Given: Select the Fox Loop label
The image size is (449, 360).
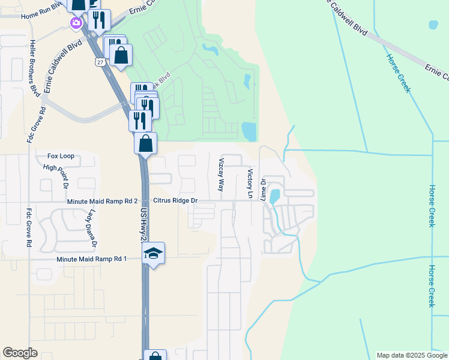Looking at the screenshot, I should click(61, 156).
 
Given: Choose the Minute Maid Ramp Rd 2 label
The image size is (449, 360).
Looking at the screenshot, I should click(103, 201).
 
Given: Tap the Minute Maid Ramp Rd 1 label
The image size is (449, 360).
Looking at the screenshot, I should click(92, 259).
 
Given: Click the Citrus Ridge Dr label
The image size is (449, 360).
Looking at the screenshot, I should click(175, 200).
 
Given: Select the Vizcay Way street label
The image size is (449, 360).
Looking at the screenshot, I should click(221, 175).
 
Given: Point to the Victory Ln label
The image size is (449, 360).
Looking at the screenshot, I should click(250, 183).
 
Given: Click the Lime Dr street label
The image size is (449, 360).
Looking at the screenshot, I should click(263, 188).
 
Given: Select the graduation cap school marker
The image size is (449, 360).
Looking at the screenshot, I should click(153, 254).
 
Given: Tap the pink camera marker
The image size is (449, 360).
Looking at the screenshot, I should click(76, 23).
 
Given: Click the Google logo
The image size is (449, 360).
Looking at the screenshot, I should click(20, 353).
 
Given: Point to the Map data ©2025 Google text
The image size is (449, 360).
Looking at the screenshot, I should click(412, 355).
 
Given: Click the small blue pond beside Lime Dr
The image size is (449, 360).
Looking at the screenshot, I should click(274, 196).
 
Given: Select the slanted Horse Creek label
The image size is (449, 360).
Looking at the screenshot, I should click(398, 73).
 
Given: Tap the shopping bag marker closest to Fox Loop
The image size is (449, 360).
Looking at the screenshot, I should click(145, 144).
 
